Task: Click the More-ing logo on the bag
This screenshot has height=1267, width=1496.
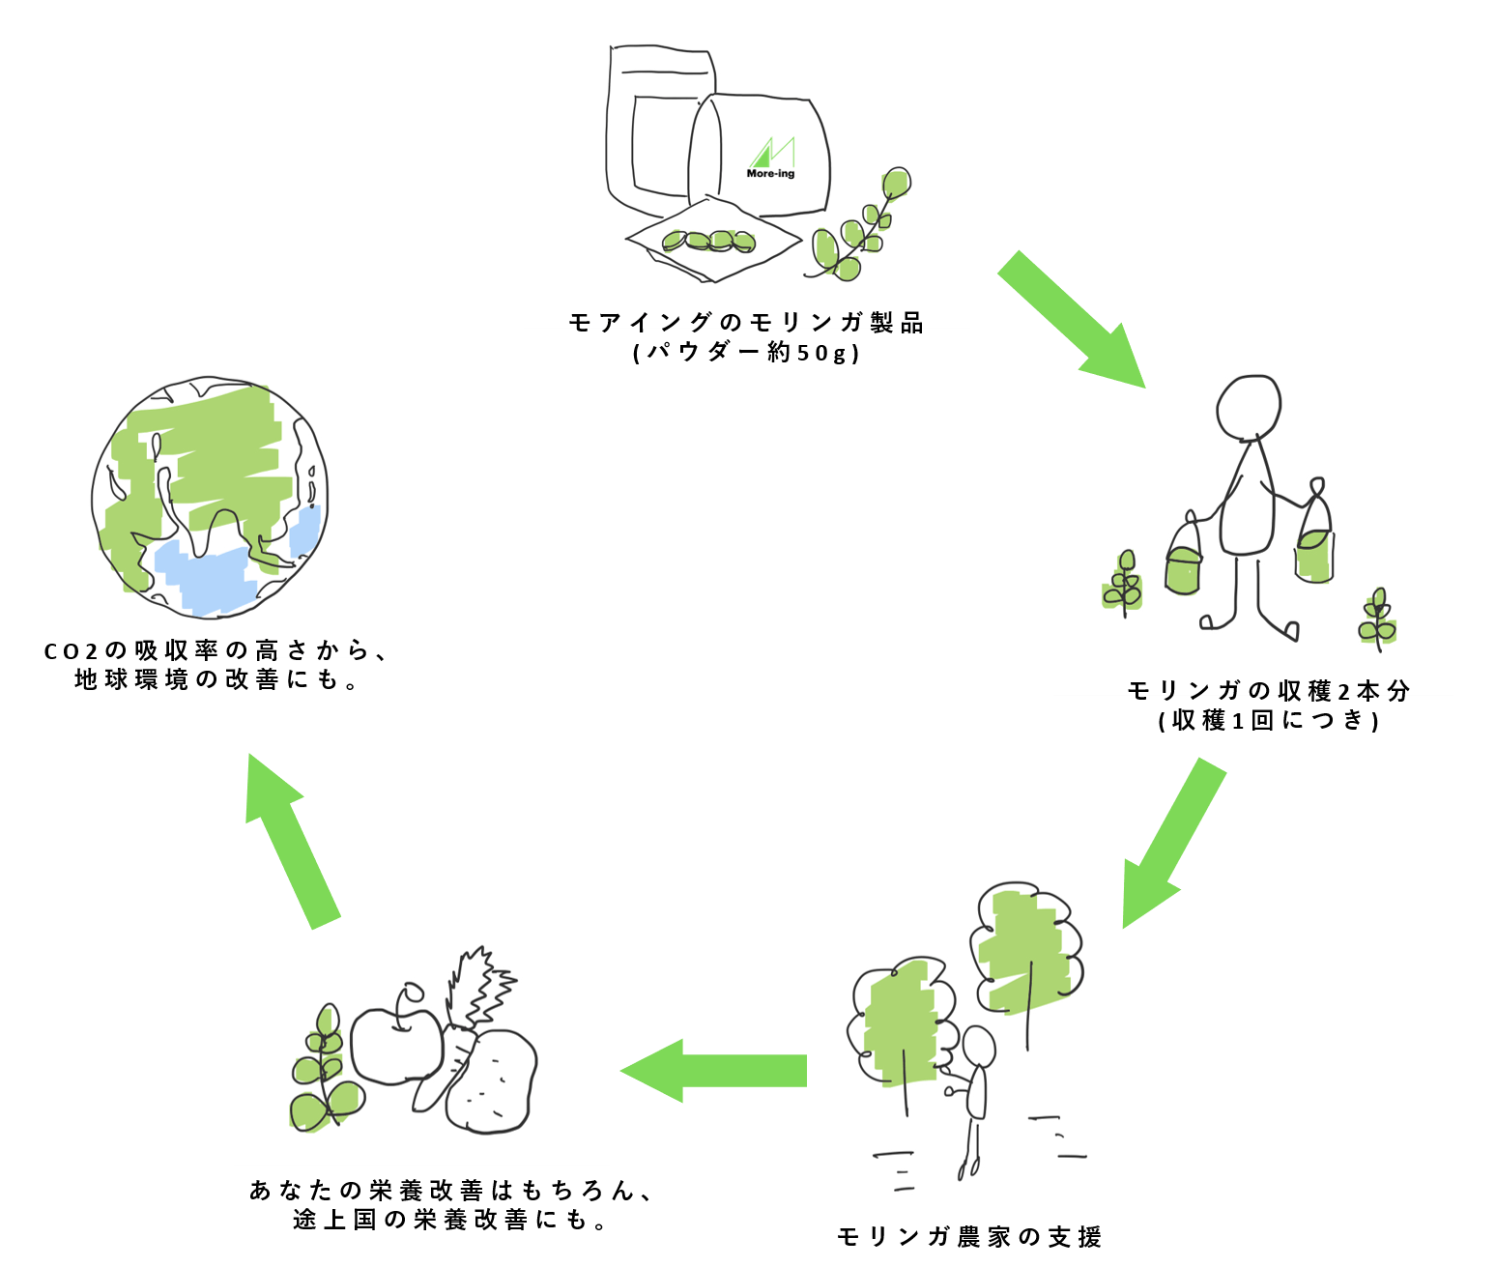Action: [x=771, y=158]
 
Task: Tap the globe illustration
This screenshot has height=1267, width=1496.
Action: [x=210, y=497]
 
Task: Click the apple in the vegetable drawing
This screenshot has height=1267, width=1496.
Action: [x=396, y=1035]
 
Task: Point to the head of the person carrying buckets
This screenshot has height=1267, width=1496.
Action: [x=1249, y=408]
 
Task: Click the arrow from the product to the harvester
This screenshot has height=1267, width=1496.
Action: [x=1071, y=319]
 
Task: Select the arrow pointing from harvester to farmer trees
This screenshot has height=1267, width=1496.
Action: [x=1172, y=844]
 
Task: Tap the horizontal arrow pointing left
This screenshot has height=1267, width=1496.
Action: [x=713, y=1071]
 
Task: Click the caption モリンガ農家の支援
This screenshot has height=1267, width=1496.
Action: [x=969, y=1237]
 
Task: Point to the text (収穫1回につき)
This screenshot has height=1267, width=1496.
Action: [x=1268, y=720]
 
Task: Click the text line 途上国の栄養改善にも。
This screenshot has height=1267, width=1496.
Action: [x=449, y=1220]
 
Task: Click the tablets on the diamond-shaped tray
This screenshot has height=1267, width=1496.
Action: [x=709, y=241]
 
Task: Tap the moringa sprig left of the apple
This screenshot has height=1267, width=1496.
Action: [x=326, y=1068]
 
